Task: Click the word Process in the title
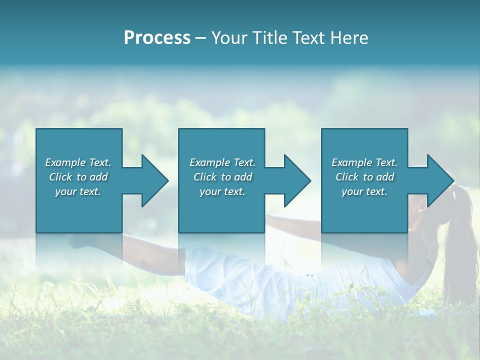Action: [x=157, y=38]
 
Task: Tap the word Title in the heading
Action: [x=269, y=38]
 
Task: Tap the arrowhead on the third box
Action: [x=439, y=180]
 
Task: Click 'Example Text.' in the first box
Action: [x=78, y=162]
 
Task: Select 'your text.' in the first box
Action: [x=78, y=191]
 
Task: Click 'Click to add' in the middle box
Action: [x=222, y=177]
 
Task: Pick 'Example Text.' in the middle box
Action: [x=222, y=162]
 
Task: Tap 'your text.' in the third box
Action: [x=364, y=191]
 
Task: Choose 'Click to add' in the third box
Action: [x=364, y=177]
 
